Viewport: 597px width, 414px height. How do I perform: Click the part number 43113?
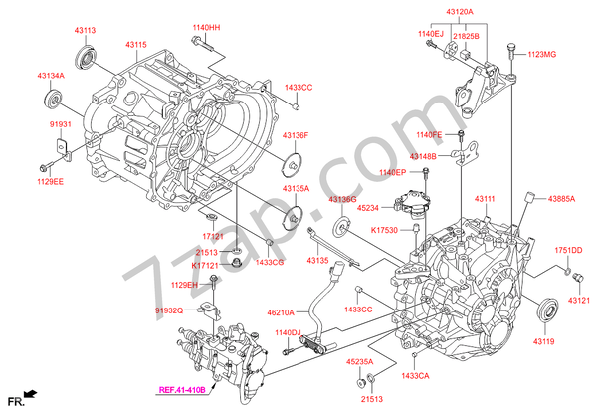[x=86, y=31]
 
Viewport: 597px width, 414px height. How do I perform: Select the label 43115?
[x=136, y=45]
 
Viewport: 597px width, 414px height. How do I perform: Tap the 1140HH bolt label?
[x=206, y=27]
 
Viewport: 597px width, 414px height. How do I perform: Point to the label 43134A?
[x=52, y=75]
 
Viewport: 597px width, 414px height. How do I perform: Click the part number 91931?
[x=63, y=124]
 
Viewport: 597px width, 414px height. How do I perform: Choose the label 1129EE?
[x=51, y=182]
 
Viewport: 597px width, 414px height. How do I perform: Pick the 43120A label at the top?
[x=460, y=12]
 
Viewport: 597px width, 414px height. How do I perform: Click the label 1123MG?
[x=542, y=54]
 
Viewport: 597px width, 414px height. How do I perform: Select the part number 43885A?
[x=560, y=198]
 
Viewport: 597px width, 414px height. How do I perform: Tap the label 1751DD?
[x=569, y=250]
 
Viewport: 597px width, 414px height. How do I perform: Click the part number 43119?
[x=543, y=341]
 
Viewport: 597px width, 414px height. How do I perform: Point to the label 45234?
[x=368, y=207]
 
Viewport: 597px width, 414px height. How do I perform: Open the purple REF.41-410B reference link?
[x=181, y=389]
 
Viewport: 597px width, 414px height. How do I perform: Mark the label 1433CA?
[x=415, y=376]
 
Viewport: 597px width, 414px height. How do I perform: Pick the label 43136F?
[x=295, y=134]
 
